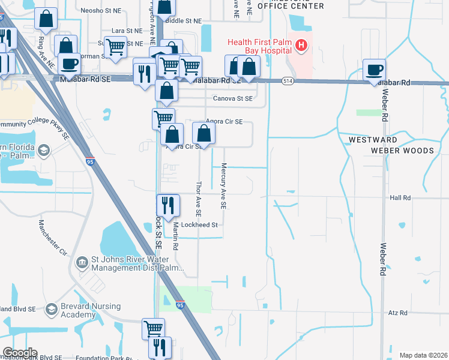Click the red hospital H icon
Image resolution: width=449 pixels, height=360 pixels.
point(301,45)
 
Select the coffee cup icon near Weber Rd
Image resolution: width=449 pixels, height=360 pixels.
point(374,70)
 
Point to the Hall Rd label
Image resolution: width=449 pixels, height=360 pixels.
point(399,197)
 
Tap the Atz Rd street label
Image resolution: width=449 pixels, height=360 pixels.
point(397,313)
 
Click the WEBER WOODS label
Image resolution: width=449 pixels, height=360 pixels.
point(402,151)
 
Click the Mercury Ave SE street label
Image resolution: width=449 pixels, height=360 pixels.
point(223,186)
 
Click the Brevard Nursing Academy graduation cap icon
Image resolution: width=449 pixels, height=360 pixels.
point(51,309)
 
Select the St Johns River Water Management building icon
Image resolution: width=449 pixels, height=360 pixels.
point(82,262)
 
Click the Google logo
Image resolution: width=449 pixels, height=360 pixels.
point(19,353)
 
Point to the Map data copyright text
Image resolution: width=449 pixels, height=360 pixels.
point(423,355)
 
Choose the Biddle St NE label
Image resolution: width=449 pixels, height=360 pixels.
point(184,20)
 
